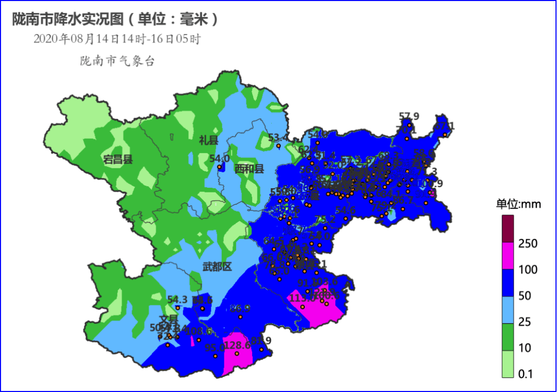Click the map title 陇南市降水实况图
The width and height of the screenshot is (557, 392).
tap(68, 20)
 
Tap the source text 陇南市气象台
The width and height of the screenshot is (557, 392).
tap(117, 61)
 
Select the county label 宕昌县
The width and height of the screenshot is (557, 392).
tap(118, 159)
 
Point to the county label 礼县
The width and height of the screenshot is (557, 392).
tap(209, 139)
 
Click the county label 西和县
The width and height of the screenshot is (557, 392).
tap(249, 169)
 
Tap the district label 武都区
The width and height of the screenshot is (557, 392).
tap(217, 267)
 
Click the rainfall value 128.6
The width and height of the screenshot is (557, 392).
tap(238, 345)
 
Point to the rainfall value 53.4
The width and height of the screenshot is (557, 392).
tap(279, 138)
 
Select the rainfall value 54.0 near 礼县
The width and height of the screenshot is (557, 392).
tap(220, 158)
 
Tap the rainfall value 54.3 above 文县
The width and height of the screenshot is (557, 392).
tap(177, 299)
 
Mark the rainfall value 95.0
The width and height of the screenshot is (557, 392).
tap(215, 348)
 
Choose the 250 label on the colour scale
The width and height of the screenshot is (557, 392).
tap(528, 243)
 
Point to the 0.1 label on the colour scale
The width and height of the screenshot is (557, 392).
tap(526, 374)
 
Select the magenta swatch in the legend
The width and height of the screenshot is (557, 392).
tap(508, 256)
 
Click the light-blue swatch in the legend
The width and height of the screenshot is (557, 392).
tap(508, 309)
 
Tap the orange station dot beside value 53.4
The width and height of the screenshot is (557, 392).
tap(278, 146)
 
